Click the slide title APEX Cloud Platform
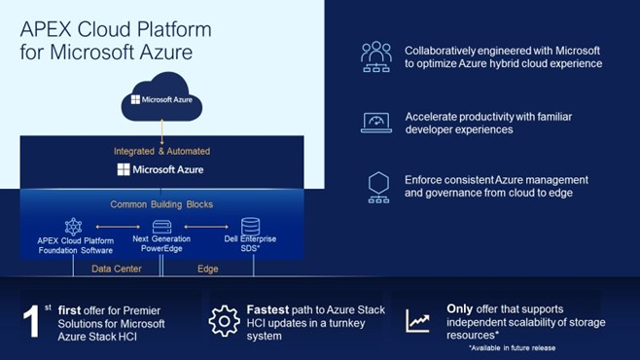click(x=115, y=29)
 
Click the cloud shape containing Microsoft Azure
click(x=161, y=97)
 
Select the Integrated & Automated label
click(x=161, y=151)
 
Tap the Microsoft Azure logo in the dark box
click(x=161, y=169)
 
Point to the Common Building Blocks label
click(x=161, y=204)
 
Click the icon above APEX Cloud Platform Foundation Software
click(x=72, y=226)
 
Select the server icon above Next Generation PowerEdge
click(x=161, y=227)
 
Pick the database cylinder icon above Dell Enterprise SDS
click(x=250, y=226)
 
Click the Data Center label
click(x=117, y=269)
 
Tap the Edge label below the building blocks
click(x=208, y=269)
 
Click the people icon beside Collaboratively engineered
click(x=375, y=56)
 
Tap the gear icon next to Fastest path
click(x=224, y=321)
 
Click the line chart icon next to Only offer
click(x=418, y=320)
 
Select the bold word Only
click(x=460, y=309)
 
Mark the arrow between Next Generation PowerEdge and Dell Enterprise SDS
click(x=206, y=229)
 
